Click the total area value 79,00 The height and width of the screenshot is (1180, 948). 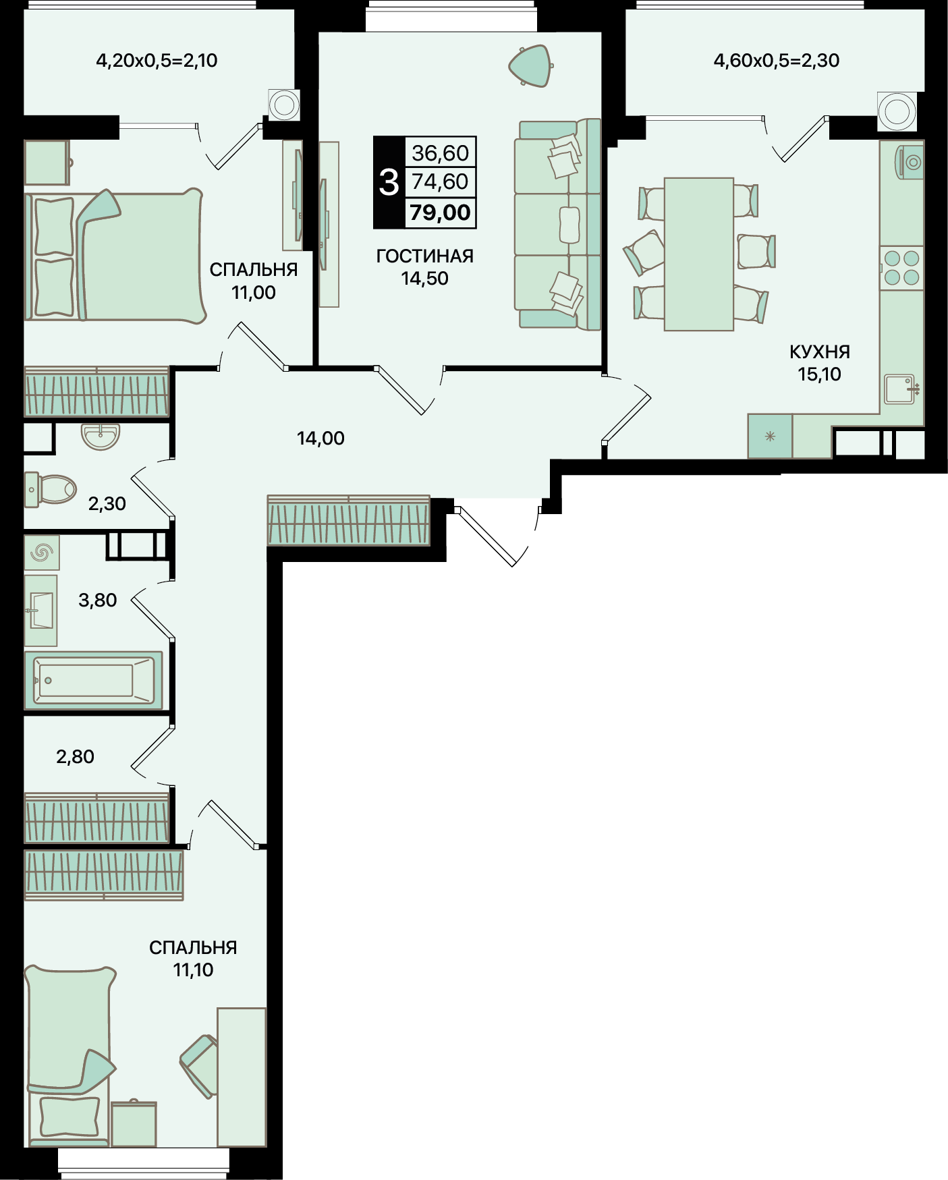440,213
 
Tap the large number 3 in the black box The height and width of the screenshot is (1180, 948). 389,182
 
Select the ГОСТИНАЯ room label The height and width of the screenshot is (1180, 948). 425,256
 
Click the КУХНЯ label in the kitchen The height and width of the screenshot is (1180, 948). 820,352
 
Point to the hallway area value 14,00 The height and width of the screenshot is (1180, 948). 320,439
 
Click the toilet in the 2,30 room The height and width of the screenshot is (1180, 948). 51,488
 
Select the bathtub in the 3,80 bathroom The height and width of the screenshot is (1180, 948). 94,680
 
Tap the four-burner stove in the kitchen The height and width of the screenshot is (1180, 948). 901,268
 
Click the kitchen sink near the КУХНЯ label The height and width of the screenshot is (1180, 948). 902,389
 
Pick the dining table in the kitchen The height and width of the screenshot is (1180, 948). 698,254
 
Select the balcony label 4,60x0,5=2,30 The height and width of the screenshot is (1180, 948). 777,61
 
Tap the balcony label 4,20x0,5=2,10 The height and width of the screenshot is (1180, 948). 157,61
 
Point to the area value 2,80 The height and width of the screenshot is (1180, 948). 75,757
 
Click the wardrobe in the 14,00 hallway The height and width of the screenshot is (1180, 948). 349,520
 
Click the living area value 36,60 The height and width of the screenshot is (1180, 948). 440,153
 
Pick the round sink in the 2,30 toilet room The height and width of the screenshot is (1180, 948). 101,435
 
